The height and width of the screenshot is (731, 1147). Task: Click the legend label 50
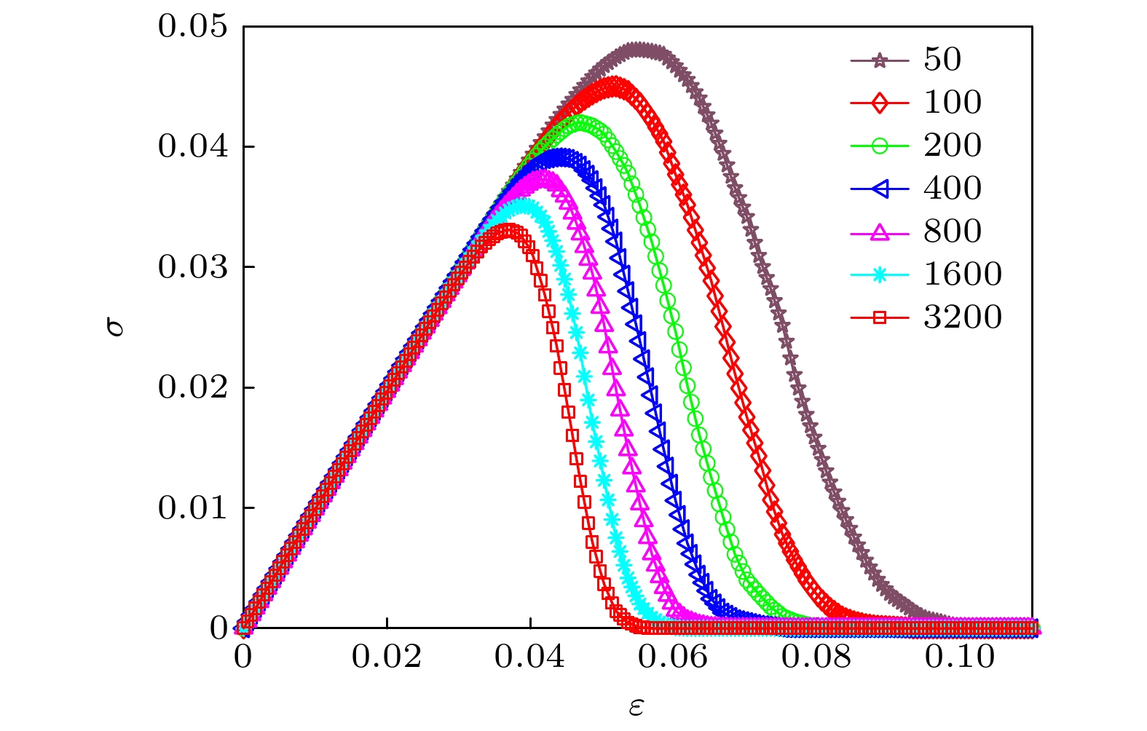click(x=942, y=60)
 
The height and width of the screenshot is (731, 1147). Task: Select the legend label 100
click(x=953, y=103)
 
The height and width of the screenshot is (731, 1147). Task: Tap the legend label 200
click(x=953, y=146)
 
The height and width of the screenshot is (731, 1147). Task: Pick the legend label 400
click(x=953, y=189)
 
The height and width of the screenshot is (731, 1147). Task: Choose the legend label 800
click(x=953, y=232)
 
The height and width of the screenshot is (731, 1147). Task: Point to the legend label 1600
click(x=963, y=274)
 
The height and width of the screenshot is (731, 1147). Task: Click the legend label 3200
click(x=963, y=317)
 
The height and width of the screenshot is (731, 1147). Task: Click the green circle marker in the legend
click(x=880, y=146)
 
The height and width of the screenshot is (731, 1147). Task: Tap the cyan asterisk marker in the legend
click(x=880, y=274)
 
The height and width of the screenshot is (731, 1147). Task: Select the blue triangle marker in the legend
click(x=880, y=189)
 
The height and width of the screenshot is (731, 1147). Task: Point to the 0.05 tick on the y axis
click(x=193, y=27)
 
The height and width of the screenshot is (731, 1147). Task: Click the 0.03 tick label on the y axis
click(x=193, y=267)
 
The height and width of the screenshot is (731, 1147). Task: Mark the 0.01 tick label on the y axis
click(x=193, y=508)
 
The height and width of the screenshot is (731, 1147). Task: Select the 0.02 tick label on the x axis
click(x=387, y=657)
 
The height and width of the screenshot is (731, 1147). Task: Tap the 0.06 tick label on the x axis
click(x=673, y=657)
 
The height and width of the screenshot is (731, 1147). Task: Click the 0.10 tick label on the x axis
click(x=960, y=657)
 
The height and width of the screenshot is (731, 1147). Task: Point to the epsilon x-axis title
click(x=636, y=706)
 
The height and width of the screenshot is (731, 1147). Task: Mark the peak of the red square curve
click(x=508, y=231)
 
